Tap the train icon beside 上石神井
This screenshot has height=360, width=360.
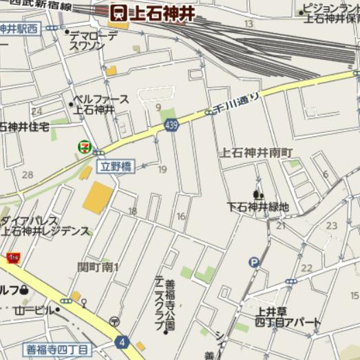pos(119,12)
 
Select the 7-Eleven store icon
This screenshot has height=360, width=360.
pos(84,147)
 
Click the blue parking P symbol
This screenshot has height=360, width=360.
pos(255,262)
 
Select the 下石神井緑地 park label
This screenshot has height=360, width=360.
pos(259,207)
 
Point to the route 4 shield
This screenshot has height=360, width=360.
pos(122,341)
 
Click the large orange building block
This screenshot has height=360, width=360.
pos(98,198)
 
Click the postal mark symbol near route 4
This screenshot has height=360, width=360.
pos(114,321)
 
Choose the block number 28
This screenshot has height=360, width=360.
pos(28,174)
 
